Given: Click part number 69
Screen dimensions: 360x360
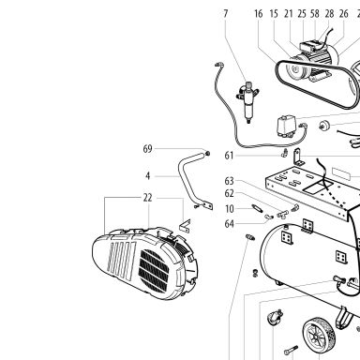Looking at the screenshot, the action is click(x=147, y=149).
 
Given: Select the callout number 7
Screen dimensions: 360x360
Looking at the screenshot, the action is click(x=226, y=13).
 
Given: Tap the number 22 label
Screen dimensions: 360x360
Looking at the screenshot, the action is click(x=147, y=198).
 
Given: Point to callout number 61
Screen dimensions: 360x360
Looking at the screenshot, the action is click(x=229, y=156).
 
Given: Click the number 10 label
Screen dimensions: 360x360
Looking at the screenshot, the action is click(x=230, y=209).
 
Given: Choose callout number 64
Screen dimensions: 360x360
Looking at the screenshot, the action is click(x=230, y=224).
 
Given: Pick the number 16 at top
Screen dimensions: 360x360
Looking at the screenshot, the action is click(x=259, y=13).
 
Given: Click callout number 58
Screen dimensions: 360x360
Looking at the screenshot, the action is click(x=315, y=13).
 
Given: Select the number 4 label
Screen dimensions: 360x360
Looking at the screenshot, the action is click(x=148, y=176).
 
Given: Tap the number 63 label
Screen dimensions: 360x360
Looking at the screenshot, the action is click(x=230, y=181).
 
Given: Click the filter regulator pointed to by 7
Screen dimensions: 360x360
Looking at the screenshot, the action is click(x=248, y=102).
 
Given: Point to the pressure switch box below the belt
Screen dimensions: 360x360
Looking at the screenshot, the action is click(x=286, y=127).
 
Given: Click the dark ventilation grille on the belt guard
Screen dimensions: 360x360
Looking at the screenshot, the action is click(x=154, y=271).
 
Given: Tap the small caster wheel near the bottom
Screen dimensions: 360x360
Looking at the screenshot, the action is click(x=276, y=317).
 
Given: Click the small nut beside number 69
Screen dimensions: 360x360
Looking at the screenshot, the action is click(x=207, y=154).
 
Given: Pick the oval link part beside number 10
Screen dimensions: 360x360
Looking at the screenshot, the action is click(x=257, y=207).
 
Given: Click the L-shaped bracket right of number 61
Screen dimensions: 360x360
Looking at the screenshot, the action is click(x=298, y=157).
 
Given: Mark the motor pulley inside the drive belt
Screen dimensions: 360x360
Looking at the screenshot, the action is click(x=293, y=71).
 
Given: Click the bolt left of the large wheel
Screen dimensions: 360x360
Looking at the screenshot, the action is click(x=291, y=351).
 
